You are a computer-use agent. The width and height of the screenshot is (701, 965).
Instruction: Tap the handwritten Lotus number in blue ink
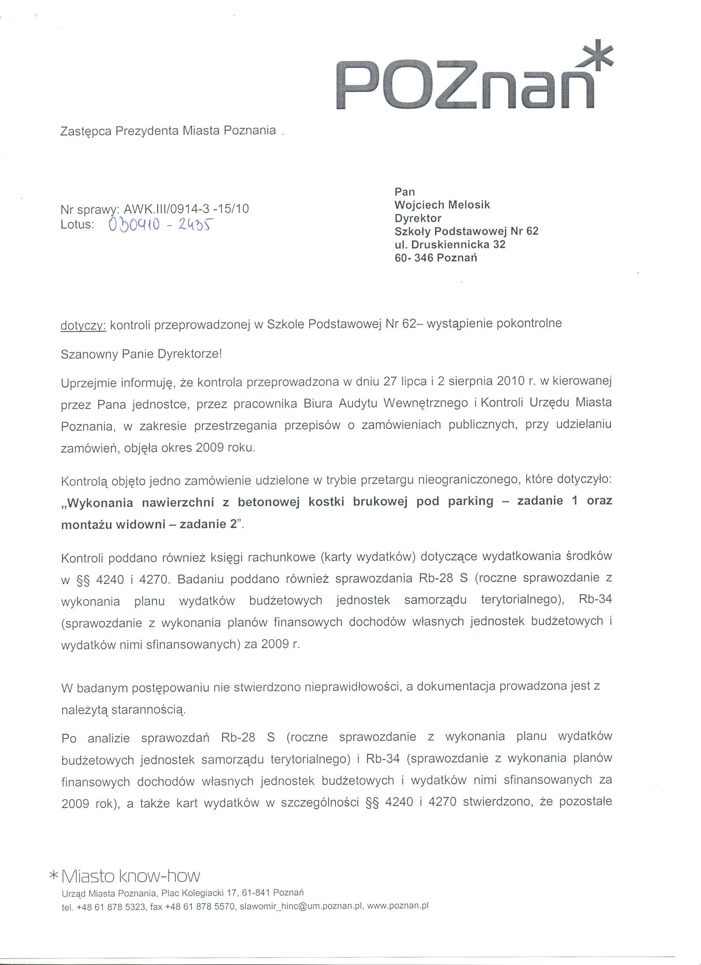(x=161, y=224)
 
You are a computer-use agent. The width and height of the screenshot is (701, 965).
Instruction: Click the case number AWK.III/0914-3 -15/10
(x=186, y=209)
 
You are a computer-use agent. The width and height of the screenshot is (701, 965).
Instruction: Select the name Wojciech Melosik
(x=442, y=205)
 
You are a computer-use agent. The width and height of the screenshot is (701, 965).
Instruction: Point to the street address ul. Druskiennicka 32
(x=450, y=244)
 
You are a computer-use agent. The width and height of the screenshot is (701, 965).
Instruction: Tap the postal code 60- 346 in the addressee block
(x=414, y=258)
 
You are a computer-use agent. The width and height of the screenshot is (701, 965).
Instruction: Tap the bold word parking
(x=470, y=501)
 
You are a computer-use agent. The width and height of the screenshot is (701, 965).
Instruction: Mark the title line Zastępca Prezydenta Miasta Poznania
(x=168, y=131)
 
